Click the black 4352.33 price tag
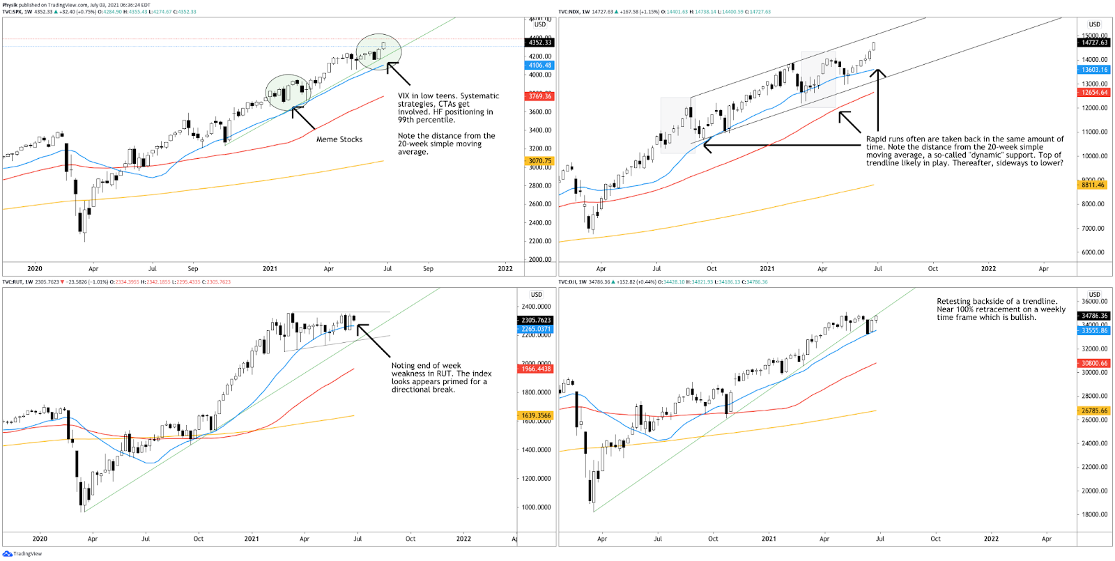pos(539,43)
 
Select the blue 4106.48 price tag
pos(539,66)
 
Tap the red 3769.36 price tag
pos(539,96)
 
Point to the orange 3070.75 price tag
pos(539,161)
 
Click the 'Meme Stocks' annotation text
pos(339,139)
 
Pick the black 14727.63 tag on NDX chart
pos(1094,43)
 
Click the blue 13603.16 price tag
pos(1094,70)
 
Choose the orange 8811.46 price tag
pos(1093,185)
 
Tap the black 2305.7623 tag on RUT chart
pos(536,321)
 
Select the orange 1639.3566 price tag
pos(536,415)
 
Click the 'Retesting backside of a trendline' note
pos(1001,309)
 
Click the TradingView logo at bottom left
pos(22,554)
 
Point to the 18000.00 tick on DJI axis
pos(1094,514)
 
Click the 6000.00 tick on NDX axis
pos(1093,252)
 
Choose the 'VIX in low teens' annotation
pos(448,108)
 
